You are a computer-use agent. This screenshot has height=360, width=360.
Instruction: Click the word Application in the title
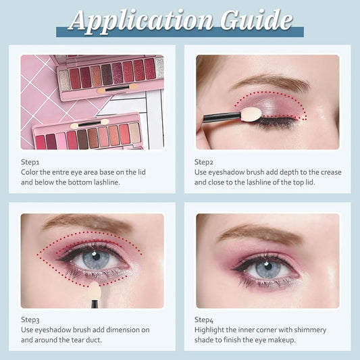tap(141, 22)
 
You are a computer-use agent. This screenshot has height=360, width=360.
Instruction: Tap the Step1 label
tap(30, 162)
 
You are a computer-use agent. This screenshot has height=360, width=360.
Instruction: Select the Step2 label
tap(204, 162)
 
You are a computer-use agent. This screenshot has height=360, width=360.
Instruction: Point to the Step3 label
tap(30, 320)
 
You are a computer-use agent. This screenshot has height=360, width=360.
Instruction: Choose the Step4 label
tap(204, 320)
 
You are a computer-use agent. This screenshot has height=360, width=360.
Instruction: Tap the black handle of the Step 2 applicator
tap(222, 117)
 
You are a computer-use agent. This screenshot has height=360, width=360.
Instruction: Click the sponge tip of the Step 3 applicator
tap(95, 290)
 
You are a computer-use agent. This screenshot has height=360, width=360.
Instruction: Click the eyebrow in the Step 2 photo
tap(271, 83)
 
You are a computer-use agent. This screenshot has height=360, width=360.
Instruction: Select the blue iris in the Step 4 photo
tap(268, 268)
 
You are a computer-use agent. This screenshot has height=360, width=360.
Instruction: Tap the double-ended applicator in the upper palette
tap(118, 88)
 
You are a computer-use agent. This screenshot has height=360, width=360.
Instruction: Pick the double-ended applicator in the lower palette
tap(89, 124)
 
